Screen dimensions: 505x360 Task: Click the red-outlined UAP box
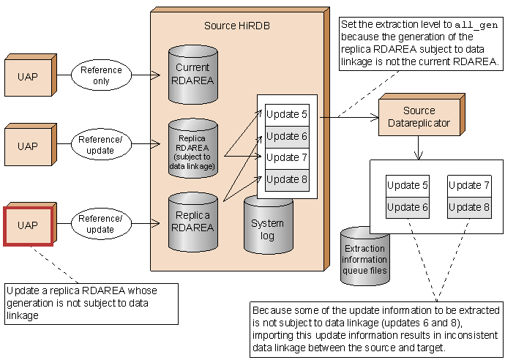coord(29,226)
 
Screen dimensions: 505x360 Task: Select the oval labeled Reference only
coord(101,75)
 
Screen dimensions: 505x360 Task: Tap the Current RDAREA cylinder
coord(193,75)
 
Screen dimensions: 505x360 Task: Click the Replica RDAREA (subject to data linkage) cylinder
coord(193,148)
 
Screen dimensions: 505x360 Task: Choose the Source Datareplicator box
coord(419,117)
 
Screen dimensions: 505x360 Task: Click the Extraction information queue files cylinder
coord(364,257)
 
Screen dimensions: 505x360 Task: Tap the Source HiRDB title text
coord(236,26)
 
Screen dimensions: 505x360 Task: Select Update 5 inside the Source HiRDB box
coord(287,114)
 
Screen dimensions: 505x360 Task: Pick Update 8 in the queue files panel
coord(469,207)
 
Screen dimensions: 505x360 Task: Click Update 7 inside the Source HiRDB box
coord(287,158)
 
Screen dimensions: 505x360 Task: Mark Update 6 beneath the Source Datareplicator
coord(408,207)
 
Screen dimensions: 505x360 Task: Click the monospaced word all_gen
coord(476,25)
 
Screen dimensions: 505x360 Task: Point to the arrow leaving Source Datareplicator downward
coord(419,148)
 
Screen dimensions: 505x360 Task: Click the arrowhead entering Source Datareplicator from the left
coord(375,117)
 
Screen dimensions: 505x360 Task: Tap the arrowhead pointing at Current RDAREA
coord(156,75)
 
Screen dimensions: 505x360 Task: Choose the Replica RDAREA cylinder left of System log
coord(193,222)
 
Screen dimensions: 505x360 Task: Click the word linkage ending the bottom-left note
coord(23,315)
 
